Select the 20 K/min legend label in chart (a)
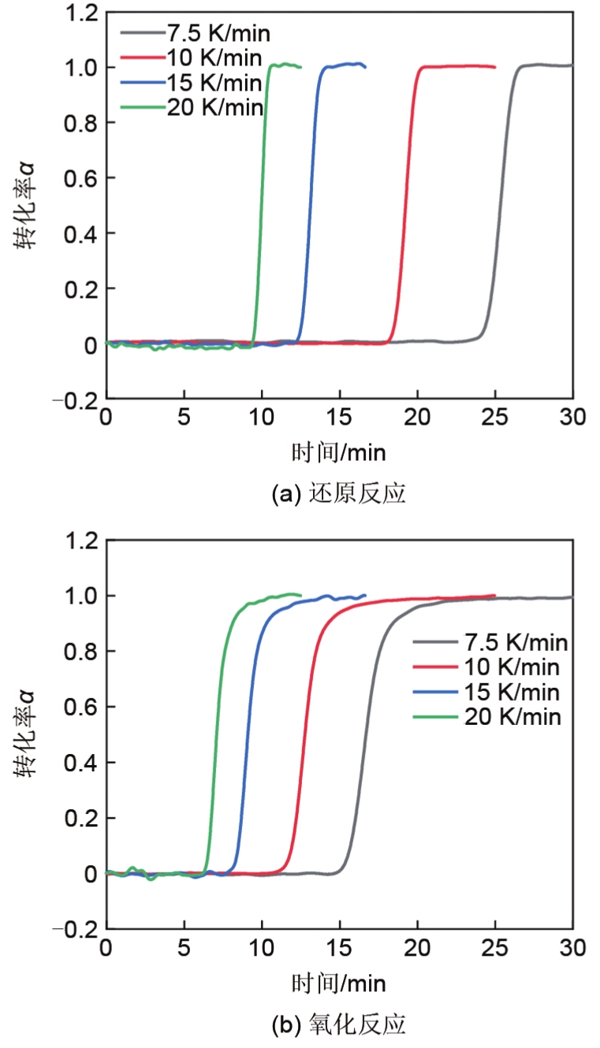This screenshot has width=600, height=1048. [x=214, y=107]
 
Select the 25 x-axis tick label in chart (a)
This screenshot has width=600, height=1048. [x=494, y=417]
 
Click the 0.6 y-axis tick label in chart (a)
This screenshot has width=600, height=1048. [x=80, y=179]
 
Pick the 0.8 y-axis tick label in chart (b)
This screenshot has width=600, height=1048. [x=80, y=652]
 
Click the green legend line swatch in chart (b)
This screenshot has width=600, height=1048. [x=434, y=716]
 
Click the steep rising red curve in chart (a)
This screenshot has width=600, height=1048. [x=404, y=205]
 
